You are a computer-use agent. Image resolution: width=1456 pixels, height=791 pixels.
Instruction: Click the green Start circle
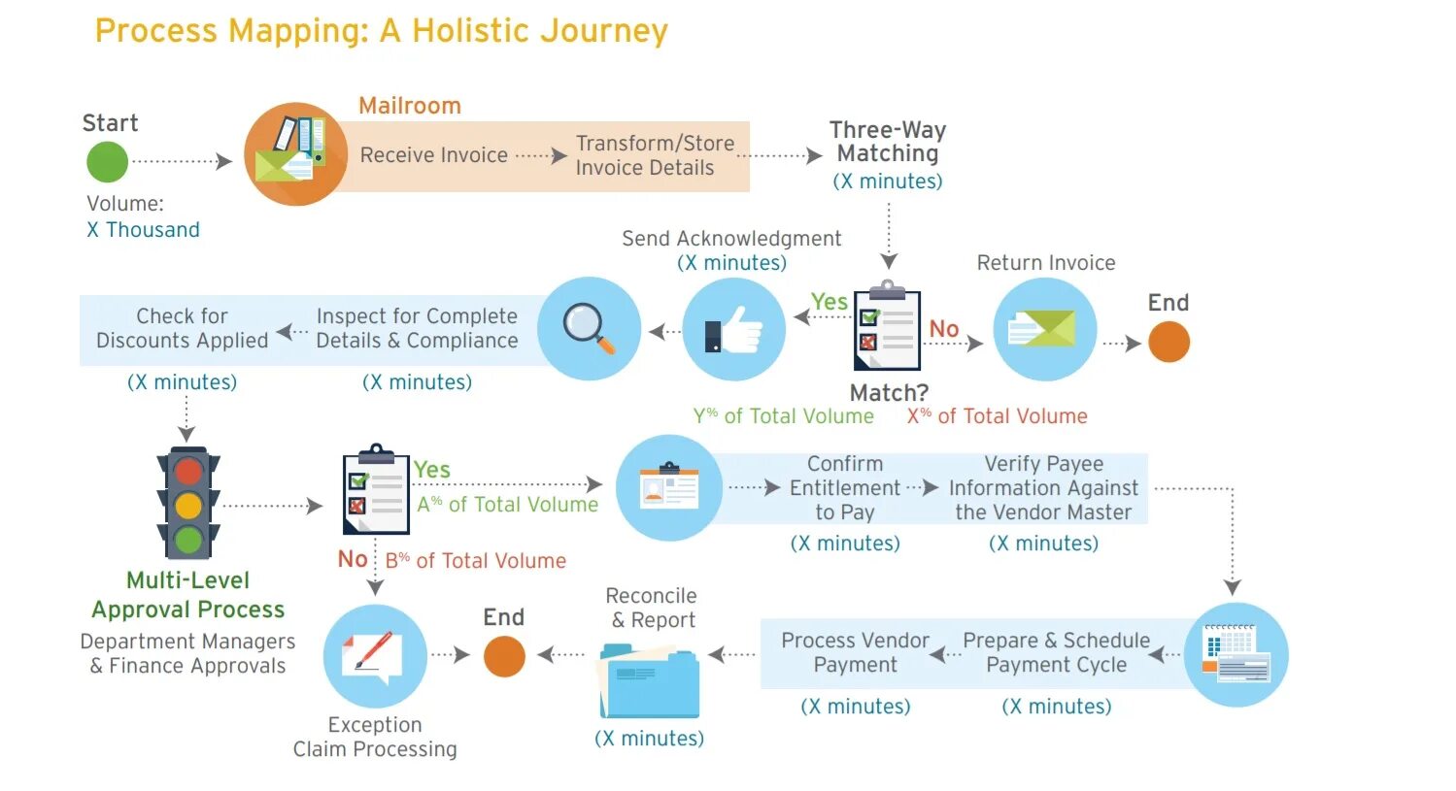point(107,162)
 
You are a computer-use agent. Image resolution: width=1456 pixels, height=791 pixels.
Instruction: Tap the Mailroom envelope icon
point(295,154)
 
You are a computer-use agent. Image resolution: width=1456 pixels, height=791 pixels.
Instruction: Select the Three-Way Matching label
point(888,142)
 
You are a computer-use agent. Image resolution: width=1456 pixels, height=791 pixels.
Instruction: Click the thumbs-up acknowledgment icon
point(734,329)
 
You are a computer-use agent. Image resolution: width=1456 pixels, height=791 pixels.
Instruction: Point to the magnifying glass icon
point(590,329)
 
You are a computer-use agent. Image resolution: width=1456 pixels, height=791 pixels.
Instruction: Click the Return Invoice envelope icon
point(1045,329)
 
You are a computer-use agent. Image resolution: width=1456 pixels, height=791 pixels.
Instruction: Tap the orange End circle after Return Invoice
point(1168,342)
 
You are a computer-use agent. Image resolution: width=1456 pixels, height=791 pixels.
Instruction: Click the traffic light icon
point(188,503)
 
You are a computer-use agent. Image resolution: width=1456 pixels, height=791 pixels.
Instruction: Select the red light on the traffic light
point(188,472)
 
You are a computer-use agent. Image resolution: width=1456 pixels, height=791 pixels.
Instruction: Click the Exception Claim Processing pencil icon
point(375,655)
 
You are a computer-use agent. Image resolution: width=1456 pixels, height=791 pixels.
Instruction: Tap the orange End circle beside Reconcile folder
point(504,656)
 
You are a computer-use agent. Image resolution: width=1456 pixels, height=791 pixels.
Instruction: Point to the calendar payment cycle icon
point(1236,655)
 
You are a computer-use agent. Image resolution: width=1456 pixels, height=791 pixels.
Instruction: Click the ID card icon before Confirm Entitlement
point(669,487)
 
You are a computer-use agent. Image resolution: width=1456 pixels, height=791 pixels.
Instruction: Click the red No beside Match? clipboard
point(943,329)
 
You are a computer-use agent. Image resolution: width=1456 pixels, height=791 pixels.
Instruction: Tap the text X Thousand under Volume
point(143,230)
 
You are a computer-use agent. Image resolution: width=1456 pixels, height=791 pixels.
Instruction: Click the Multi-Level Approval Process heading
point(188,595)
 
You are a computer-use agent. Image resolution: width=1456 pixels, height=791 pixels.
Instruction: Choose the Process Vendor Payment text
point(855,652)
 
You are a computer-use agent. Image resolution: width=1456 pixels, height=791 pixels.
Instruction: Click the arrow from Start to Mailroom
point(183,161)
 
